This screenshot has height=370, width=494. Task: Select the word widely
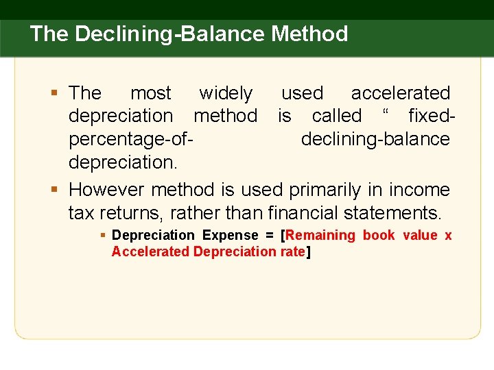225,93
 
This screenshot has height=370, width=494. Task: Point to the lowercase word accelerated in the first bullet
400,93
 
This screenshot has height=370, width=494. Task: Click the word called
336,116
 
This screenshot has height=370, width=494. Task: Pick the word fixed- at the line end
429,116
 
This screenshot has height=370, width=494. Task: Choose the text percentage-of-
130,139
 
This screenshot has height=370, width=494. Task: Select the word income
419,189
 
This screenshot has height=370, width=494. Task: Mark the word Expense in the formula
230,236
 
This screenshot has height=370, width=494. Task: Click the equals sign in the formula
270,236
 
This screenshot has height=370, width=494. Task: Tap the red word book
379,236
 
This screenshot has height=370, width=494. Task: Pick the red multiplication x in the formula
448,236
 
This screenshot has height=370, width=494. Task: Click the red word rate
292,251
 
